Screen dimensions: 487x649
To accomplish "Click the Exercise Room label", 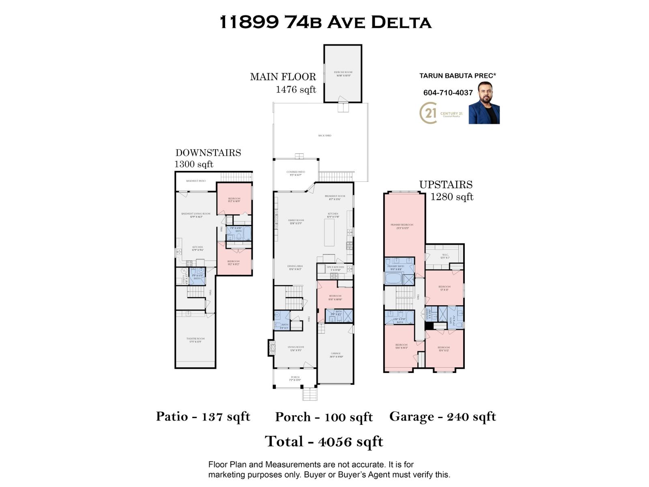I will pyautogui.click(x=343, y=73).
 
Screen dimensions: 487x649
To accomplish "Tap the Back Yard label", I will pyautogui.click(x=324, y=136).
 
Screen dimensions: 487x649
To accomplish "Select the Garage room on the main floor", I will pyautogui.click(x=335, y=355).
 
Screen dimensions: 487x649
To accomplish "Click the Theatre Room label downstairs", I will pyautogui.click(x=195, y=340).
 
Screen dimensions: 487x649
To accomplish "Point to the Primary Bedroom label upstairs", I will pyautogui.click(x=402, y=226).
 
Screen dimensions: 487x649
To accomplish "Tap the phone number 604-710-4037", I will pyautogui.click(x=448, y=93).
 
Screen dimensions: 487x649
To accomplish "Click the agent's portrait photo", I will pyautogui.click(x=484, y=103).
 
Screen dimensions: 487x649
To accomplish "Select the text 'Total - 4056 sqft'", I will pyautogui.click(x=324, y=442).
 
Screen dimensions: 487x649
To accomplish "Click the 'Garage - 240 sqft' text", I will pyautogui.click(x=443, y=416).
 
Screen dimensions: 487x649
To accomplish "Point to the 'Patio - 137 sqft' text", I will pyautogui.click(x=203, y=416).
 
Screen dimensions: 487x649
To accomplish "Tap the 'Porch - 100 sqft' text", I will pyautogui.click(x=324, y=417).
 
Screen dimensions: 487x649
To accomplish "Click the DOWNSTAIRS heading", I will pyautogui.click(x=208, y=153).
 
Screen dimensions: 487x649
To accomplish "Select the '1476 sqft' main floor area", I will pyautogui.click(x=296, y=90).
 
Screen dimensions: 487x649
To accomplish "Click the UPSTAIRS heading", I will pyautogui.click(x=446, y=185).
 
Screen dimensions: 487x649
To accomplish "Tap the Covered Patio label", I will pyautogui.click(x=296, y=173).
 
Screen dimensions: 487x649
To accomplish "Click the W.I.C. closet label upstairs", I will pyautogui.click(x=445, y=256).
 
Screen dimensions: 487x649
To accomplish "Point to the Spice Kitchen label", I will pyautogui.click(x=335, y=268).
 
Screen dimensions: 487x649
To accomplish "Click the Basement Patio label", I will pyautogui.click(x=196, y=181).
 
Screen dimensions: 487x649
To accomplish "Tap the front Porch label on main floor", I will pyautogui.click(x=295, y=378).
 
